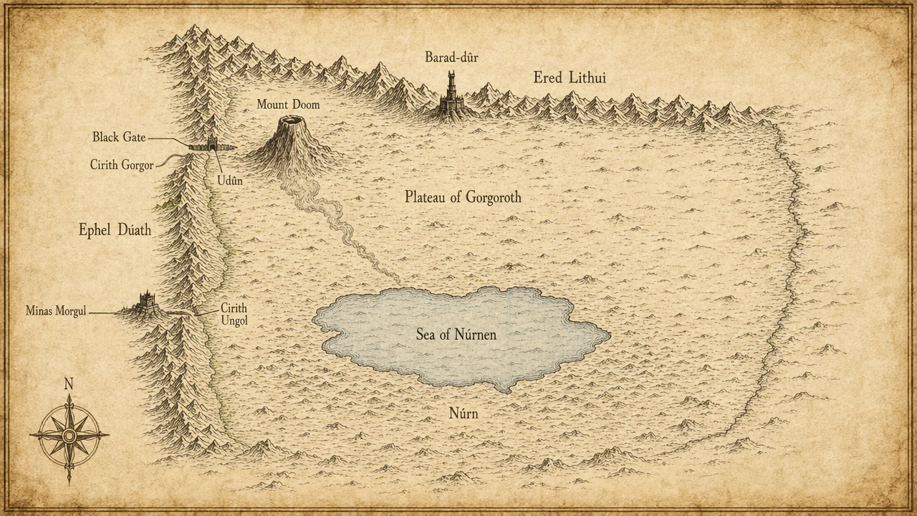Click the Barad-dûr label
point(451,57)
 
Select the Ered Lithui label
point(570,77)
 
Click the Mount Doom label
point(288,105)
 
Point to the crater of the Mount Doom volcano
point(292,120)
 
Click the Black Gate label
point(119,137)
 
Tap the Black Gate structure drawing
point(211,145)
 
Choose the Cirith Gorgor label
point(122,165)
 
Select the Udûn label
point(230,181)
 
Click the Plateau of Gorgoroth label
point(463,197)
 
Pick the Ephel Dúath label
point(115,230)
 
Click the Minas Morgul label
point(56,311)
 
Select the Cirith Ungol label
point(234,315)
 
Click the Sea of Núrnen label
point(456,335)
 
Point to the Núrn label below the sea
point(463,414)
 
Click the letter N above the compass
point(69,384)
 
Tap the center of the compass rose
point(69,435)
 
